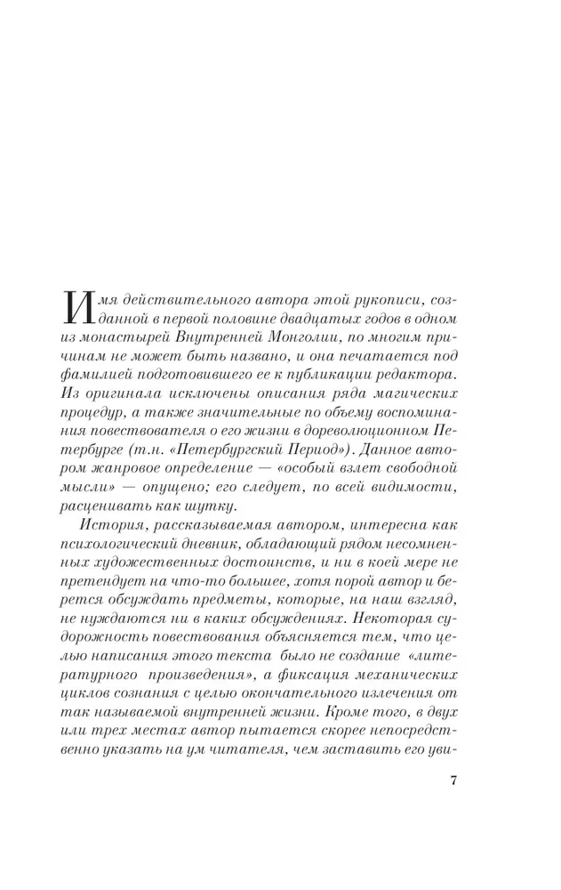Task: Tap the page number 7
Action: (x=453, y=781)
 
